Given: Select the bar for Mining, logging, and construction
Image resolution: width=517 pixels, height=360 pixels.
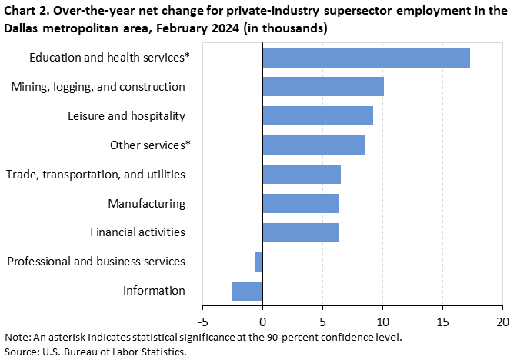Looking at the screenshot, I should pyautogui.click(x=323, y=87).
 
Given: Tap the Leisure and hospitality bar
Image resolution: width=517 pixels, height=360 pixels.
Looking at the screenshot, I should pyautogui.click(x=318, y=116).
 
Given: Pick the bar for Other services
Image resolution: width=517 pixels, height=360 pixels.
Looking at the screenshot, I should pyautogui.click(x=313, y=145).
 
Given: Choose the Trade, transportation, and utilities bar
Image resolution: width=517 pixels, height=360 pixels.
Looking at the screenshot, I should pyautogui.click(x=302, y=174).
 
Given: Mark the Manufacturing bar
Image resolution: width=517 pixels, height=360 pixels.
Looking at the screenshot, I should pyautogui.click(x=300, y=203).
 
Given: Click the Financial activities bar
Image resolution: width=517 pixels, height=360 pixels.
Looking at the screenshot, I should pyautogui.click(x=300, y=232).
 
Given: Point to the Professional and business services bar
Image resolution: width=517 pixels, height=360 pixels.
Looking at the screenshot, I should pyautogui.click(x=259, y=262).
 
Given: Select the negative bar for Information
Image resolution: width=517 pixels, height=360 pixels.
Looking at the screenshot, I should pyautogui.click(x=247, y=291).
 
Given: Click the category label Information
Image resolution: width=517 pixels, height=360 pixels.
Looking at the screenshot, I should pyautogui.click(x=154, y=291).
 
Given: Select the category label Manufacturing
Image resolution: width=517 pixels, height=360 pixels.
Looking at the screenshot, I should pyautogui.click(x=146, y=204).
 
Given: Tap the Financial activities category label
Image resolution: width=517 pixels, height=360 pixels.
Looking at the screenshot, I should pyautogui.click(x=138, y=232).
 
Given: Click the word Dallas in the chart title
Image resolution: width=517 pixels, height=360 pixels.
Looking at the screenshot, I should pyautogui.click(x=24, y=28).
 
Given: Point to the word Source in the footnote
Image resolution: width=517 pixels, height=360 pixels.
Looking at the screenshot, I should pyautogui.click(x=21, y=352).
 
